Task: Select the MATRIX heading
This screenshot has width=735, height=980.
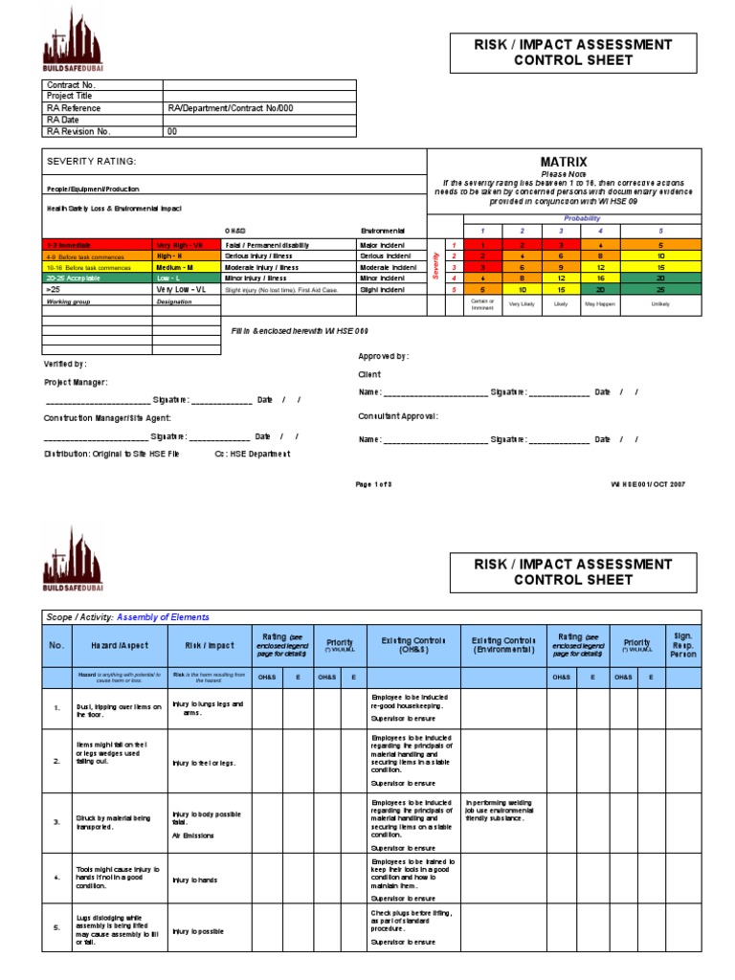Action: [x=564, y=162]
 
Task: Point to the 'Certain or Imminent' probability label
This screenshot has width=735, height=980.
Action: [x=482, y=303]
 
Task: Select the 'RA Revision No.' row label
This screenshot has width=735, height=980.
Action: [x=79, y=131]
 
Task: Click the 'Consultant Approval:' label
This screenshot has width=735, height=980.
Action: [x=398, y=416]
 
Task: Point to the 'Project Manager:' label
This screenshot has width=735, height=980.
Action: [x=76, y=382]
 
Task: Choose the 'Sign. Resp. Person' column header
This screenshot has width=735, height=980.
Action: [x=683, y=645]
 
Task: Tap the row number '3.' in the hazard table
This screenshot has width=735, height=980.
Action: [x=56, y=821]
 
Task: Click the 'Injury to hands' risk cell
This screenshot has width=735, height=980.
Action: [x=196, y=880]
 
